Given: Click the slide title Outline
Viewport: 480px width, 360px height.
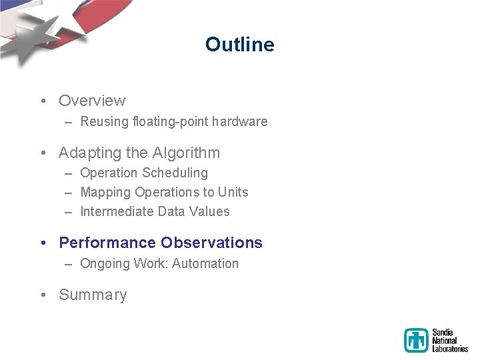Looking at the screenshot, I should (x=239, y=45).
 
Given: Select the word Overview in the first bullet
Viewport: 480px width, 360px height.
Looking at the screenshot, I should (x=92, y=101).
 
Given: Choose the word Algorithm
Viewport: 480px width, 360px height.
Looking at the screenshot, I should (x=187, y=153).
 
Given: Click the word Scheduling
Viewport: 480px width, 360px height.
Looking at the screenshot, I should (x=174, y=173).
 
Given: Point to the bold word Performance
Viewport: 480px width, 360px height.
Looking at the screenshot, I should (x=107, y=243).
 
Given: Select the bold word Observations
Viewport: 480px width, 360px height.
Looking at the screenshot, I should (x=211, y=243).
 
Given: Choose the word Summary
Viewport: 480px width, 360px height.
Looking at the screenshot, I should (x=93, y=295).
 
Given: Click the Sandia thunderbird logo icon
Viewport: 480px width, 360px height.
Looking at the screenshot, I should (x=417, y=340).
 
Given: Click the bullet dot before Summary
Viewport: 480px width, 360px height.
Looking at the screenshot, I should (x=43, y=295).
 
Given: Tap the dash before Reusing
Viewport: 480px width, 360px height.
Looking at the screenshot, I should (x=69, y=122).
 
